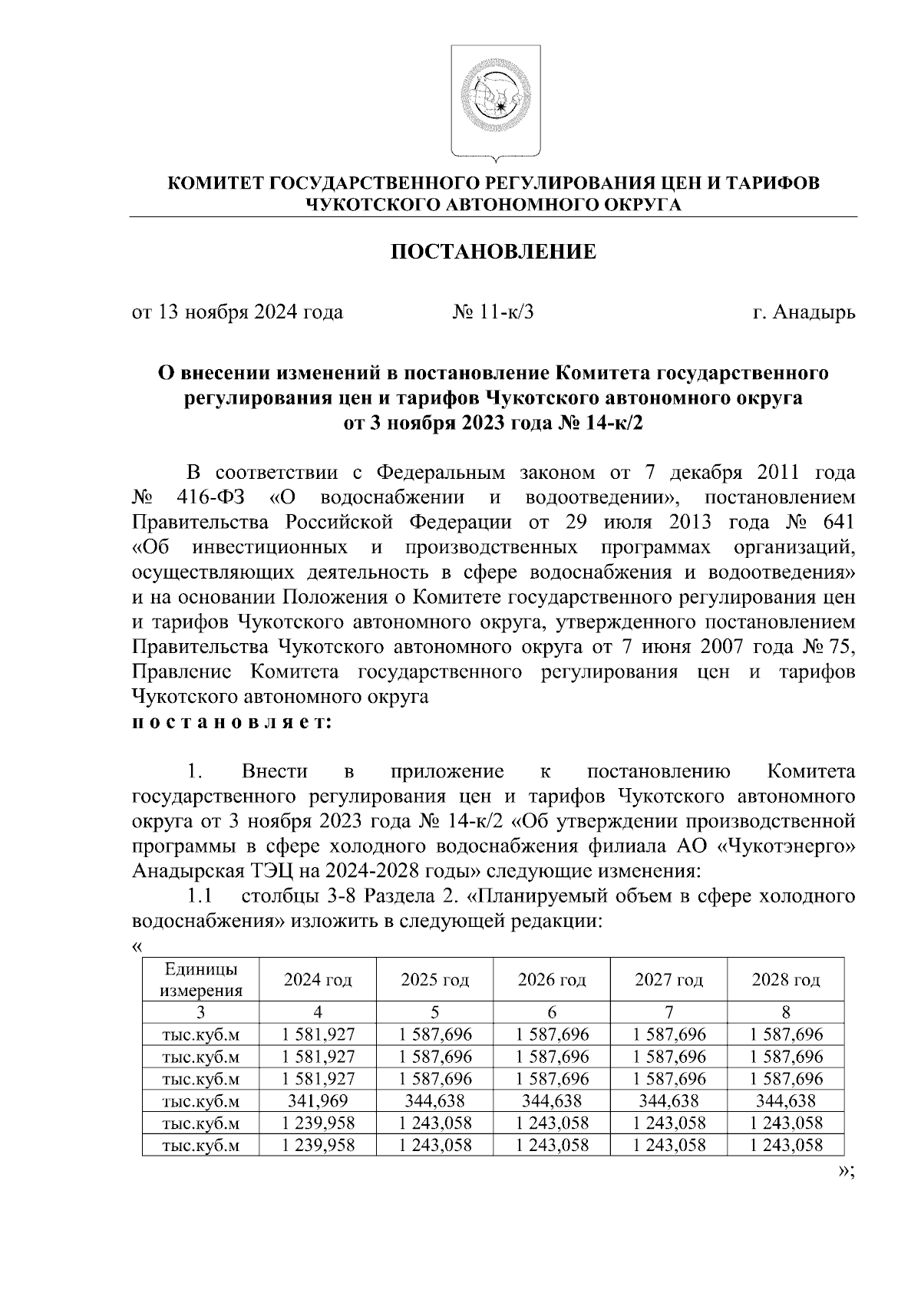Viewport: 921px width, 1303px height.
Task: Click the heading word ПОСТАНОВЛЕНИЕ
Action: [x=494, y=252]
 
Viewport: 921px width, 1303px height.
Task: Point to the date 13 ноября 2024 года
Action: [x=249, y=312]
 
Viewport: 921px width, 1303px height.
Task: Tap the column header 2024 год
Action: [x=318, y=980]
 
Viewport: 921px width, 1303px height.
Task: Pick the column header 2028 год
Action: [x=785, y=980]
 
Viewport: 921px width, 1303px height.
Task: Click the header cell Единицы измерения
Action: [x=201, y=980]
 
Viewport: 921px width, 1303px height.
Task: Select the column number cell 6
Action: [x=552, y=1011]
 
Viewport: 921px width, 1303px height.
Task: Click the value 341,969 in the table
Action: [x=318, y=1101]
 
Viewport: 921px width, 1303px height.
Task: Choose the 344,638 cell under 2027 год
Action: [x=668, y=1101]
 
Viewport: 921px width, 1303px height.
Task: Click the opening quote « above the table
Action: [x=137, y=946]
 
